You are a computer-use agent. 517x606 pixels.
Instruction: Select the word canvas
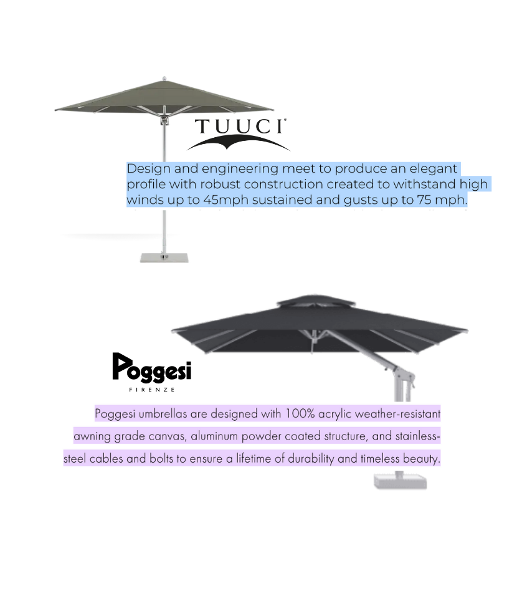pos(163,436)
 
